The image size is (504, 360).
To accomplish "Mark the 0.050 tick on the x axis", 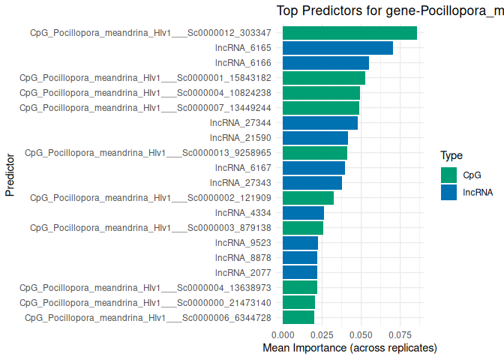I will point(361,335).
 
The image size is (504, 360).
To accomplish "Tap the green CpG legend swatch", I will point(448,175).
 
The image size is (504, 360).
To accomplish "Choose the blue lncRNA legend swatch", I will point(448,192).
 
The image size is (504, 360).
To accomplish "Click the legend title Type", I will point(451,156).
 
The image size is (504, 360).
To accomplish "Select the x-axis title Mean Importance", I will point(349,349).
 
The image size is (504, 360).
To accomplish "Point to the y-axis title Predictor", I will point(10,175).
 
